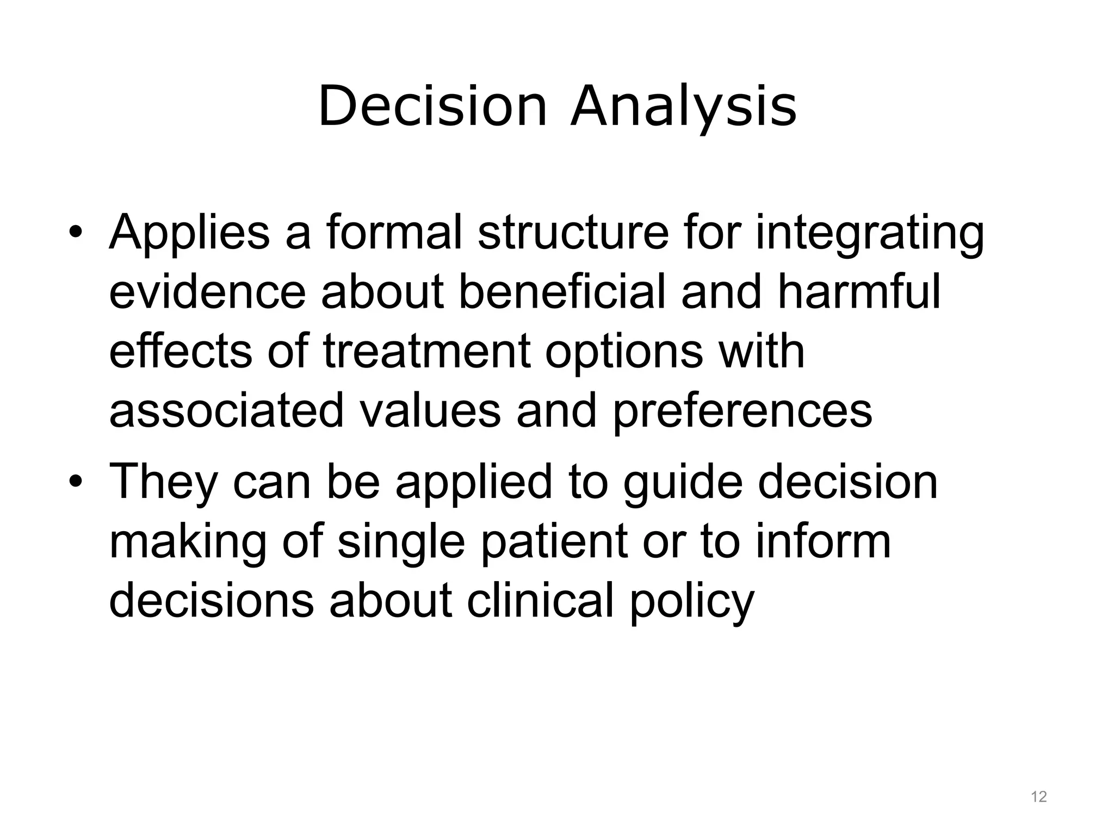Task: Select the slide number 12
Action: click(1039, 797)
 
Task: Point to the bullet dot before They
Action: click(75, 482)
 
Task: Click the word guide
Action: click(683, 483)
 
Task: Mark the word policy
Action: click(692, 602)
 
